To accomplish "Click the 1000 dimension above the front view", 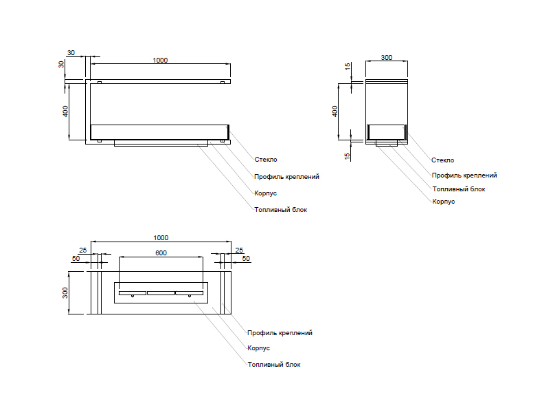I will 160,61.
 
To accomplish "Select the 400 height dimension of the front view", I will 66,111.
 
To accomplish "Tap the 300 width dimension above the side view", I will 386,58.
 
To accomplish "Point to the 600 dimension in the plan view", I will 161,253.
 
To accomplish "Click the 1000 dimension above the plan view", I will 161,238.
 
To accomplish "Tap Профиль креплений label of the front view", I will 286,177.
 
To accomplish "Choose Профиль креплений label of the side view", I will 464,175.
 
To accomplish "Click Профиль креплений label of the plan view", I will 280,333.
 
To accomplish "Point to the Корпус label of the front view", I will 265,193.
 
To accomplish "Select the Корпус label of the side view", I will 444,202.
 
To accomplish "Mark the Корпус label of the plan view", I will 258,348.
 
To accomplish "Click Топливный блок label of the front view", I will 280,209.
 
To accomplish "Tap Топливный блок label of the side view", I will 459,189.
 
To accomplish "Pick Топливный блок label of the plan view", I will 274,364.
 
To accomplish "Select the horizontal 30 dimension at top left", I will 71,52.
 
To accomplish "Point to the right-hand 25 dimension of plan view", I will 238,250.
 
